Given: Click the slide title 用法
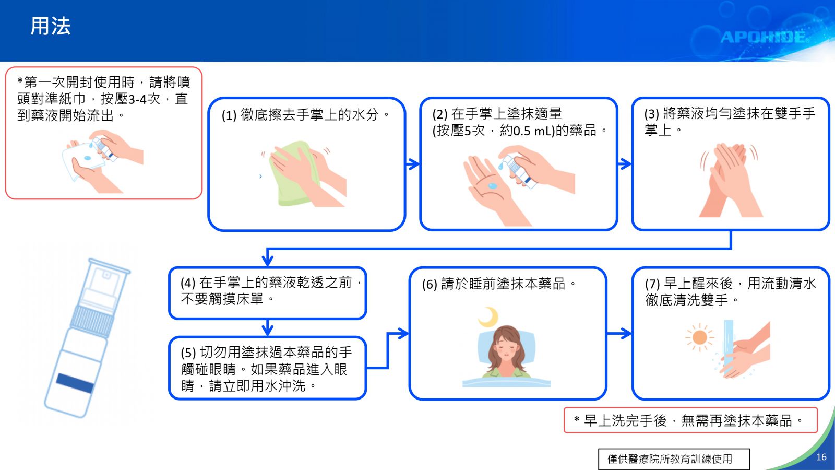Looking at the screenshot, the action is pyautogui.click(x=50, y=26).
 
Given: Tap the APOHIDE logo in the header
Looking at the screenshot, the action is pyautogui.click(x=762, y=37).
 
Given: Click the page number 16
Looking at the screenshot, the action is pyautogui.click(x=821, y=457).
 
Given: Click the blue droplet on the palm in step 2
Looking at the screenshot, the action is pyautogui.click(x=493, y=185).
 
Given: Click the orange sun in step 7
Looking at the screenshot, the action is pyautogui.click(x=700, y=337).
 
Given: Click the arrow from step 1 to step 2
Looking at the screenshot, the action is pyautogui.click(x=412, y=164).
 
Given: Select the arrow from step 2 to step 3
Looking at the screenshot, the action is pyautogui.click(x=624, y=164).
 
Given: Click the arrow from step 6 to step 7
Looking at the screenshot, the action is pyautogui.click(x=619, y=334).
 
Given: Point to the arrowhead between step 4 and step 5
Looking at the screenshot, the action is pyautogui.click(x=268, y=330).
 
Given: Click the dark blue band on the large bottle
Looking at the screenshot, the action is pyautogui.click(x=75, y=383).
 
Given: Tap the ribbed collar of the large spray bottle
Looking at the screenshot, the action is pyautogui.click(x=92, y=321).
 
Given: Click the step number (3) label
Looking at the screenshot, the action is pyautogui.click(x=652, y=114).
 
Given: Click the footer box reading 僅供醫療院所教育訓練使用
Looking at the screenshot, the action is pyautogui.click(x=674, y=459).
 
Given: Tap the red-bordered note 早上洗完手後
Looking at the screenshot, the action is pyautogui.click(x=691, y=420).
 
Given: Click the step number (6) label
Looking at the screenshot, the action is pyautogui.click(x=430, y=285).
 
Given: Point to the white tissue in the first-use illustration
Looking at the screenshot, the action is pyautogui.click(x=80, y=162).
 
